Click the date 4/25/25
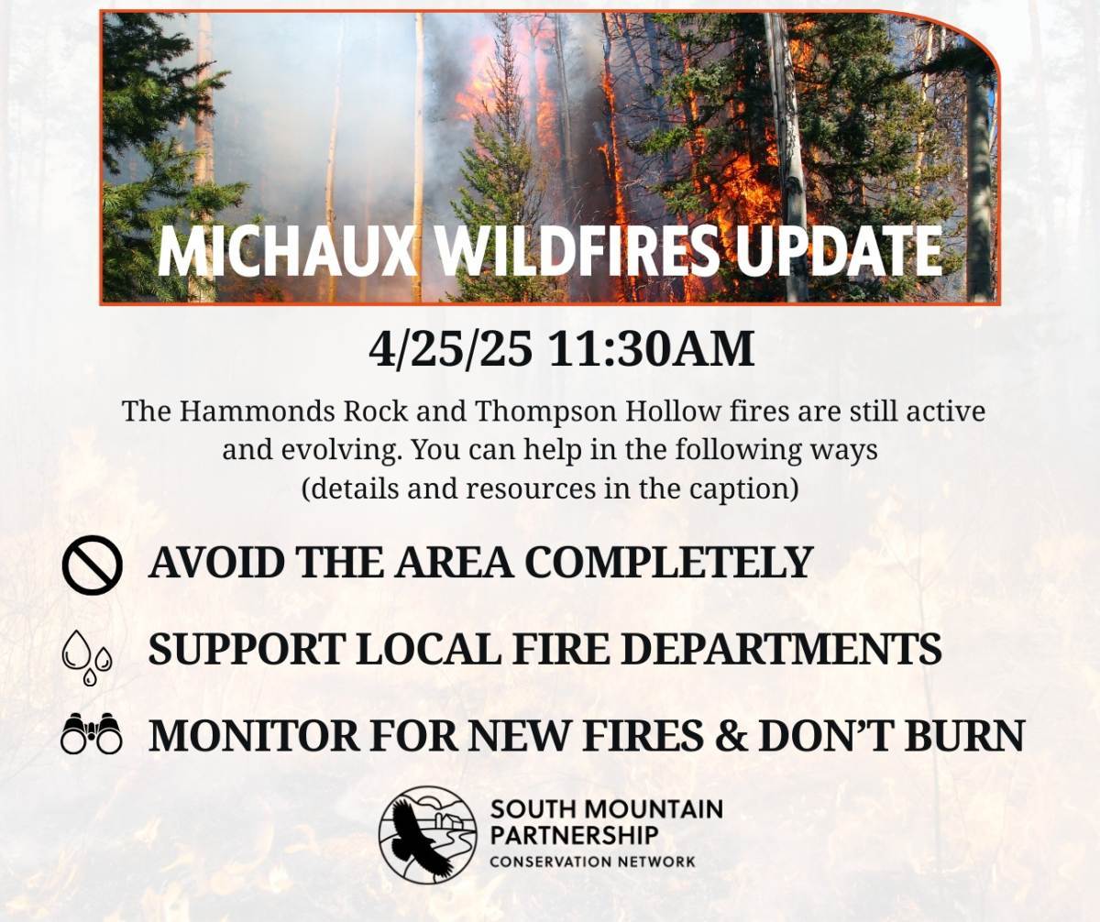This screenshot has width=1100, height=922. tap(450, 350)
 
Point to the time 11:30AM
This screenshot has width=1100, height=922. tap(652, 350)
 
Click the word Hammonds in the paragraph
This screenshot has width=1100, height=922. tap(257, 412)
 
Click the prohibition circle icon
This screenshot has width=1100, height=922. tap(93, 565)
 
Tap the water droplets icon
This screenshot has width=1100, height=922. tap(87, 657)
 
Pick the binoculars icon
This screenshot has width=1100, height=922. tap(92, 733)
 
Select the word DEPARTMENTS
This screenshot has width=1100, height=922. tap(781, 648)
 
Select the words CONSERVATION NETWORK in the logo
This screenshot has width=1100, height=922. tap(592, 862)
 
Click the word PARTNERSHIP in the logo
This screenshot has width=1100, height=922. tap(574, 835)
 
